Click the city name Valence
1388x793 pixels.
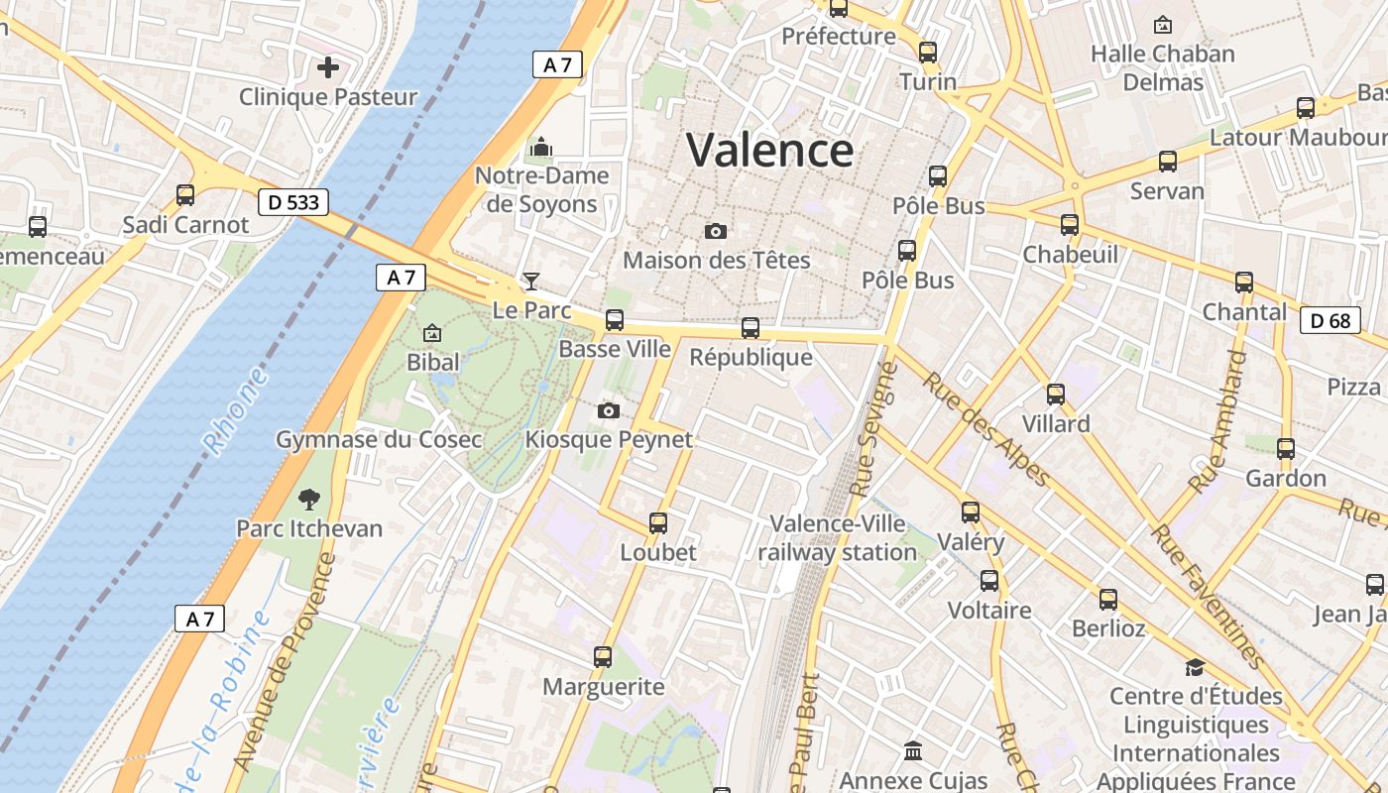tap(769, 151)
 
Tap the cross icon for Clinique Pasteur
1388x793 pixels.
tap(327, 67)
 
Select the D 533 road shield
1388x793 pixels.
tap(293, 202)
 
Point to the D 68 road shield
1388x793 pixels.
tap(1330, 320)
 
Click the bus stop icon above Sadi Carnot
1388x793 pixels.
tap(185, 194)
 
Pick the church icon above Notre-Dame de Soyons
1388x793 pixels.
tap(540, 148)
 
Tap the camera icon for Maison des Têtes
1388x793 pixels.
tap(716, 231)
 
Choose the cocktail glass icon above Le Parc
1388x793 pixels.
tap(531, 282)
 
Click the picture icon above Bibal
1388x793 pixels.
tap(432, 333)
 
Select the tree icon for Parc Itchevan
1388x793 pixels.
tap(309, 499)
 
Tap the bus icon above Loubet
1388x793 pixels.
tap(658, 522)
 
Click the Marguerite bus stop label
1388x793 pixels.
tap(603, 686)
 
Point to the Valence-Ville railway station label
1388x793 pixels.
tap(838, 538)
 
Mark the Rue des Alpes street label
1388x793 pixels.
tap(985, 430)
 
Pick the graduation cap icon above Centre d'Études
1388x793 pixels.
tap(1195, 667)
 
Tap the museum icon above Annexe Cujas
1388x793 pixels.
tap(913, 751)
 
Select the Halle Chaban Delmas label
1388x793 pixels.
tap(1163, 67)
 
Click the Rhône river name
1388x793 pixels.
tap(236, 411)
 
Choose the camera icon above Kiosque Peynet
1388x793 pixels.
tap(609, 410)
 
